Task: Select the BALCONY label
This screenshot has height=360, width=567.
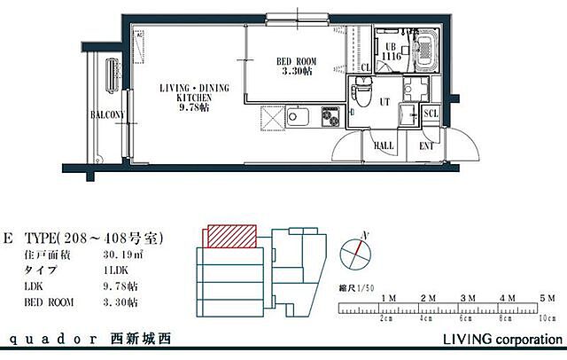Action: (x=106, y=115)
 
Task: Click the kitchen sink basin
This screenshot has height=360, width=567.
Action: (x=296, y=117)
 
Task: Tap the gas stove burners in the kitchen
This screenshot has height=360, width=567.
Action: (x=330, y=116)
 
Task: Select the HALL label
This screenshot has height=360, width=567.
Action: (x=384, y=145)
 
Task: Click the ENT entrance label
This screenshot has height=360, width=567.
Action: (x=426, y=145)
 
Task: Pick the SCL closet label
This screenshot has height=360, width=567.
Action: (x=431, y=113)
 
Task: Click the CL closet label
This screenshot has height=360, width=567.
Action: (x=366, y=67)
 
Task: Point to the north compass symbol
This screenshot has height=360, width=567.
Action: (x=358, y=253)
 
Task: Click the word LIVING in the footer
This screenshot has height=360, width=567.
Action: (x=467, y=340)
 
